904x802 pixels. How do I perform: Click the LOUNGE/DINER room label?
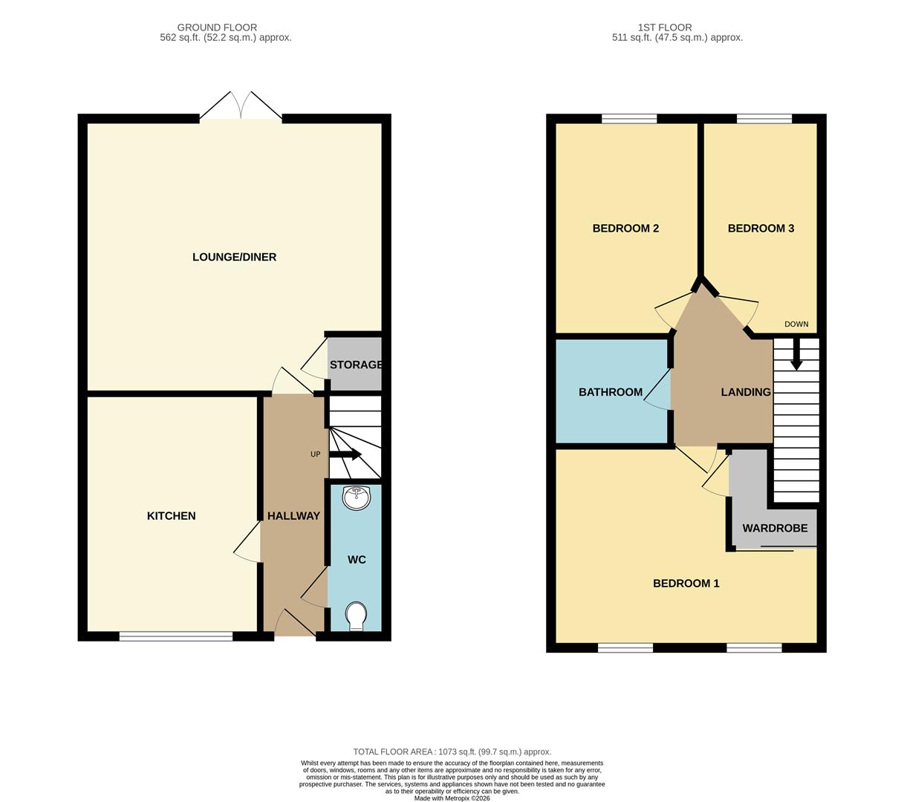[234, 257]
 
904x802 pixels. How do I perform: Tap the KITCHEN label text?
[171, 516]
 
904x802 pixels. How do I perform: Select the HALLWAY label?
[293, 516]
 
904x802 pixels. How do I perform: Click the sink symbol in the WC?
[357, 498]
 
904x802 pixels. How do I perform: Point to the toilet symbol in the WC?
[357, 616]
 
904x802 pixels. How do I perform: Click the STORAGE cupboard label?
[356, 365]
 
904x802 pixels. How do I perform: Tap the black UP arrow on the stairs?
[345, 454]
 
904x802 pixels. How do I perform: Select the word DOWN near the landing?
[796, 325]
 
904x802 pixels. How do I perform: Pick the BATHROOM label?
[611, 392]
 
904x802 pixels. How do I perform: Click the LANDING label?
[746, 392]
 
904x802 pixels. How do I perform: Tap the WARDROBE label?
[775, 529]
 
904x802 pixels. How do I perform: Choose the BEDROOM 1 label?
[686, 584]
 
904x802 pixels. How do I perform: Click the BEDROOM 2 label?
[625, 229]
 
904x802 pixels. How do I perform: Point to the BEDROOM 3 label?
[761, 229]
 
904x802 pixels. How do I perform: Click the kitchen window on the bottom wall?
[176, 636]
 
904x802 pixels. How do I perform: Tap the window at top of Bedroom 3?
[764, 118]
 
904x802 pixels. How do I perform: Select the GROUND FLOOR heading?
[216, 27]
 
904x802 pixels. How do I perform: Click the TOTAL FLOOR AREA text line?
[452, 752]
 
